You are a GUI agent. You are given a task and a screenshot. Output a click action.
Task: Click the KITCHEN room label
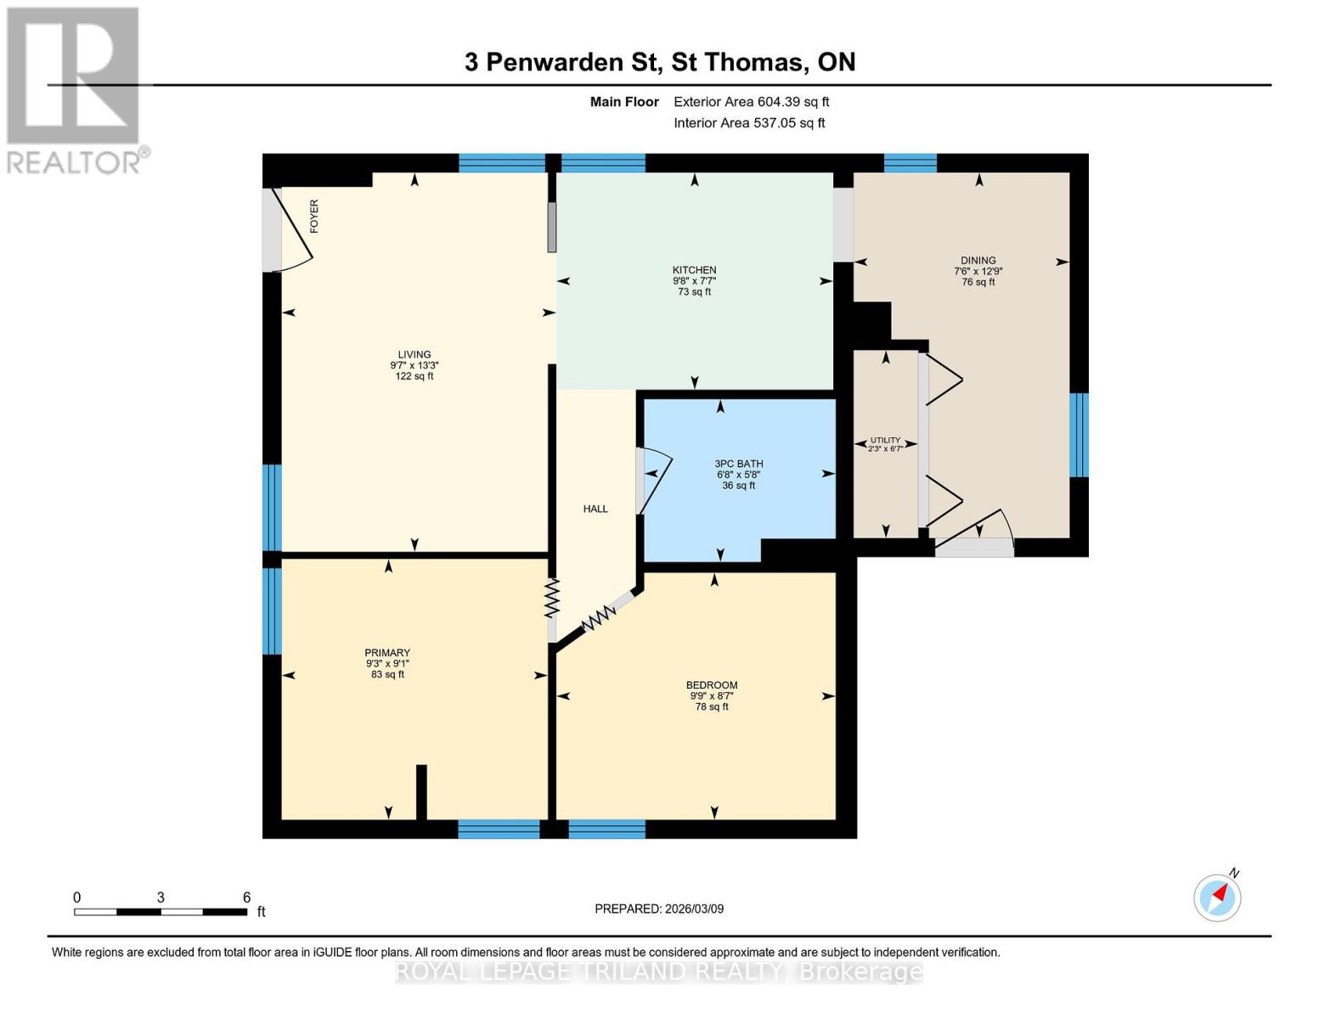tap(694, 270)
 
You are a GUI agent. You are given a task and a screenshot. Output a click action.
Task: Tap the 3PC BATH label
tap(738, 464)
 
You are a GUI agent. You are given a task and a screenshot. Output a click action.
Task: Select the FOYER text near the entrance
tap(314, 217)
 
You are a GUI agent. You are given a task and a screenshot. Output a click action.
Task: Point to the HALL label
tap(595, 509)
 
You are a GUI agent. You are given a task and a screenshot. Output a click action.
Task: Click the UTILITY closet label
tap(885, 440)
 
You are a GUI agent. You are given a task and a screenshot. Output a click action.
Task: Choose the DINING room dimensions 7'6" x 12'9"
tap(978, 272)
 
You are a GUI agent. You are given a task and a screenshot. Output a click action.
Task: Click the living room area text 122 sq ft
tap(414, 376)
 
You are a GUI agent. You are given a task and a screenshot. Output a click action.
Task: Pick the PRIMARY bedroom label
tap(387, 653)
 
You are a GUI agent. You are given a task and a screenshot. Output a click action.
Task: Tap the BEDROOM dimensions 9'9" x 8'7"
tap(712, 695)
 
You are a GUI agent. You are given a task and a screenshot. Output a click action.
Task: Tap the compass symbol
tap(1218, 897)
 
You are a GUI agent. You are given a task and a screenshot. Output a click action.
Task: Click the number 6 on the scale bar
tap(246, 898)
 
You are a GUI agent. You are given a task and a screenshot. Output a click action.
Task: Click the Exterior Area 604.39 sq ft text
tap(751, 102)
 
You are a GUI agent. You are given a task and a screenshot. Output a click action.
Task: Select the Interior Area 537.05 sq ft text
tap(749, 123)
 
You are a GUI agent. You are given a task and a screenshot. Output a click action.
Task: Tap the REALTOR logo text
tap(75, 161)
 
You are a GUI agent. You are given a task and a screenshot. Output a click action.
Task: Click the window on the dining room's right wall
tap(1079, 435)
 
